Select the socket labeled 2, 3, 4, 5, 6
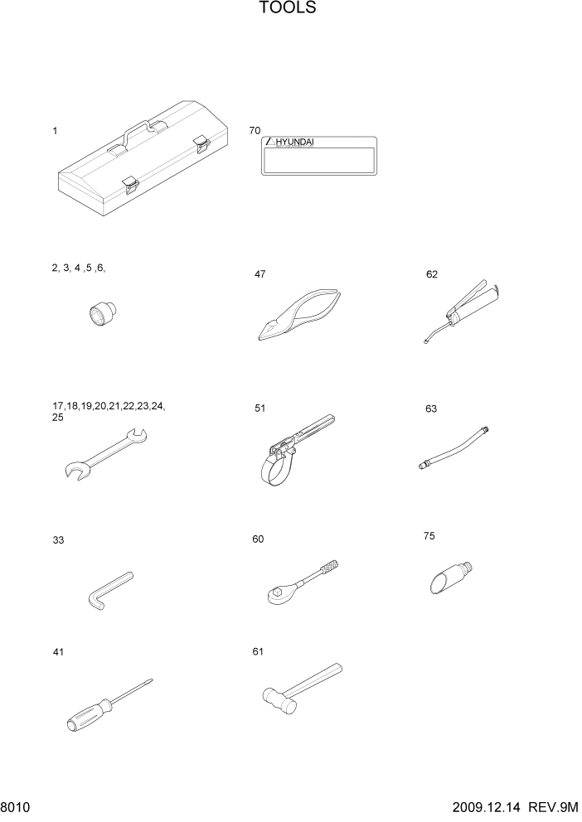[x=103, y=314]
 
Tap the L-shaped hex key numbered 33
[x=108, y=589]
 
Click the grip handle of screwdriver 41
[x=88, y=715]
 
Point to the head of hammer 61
[x=277, y=699]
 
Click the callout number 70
[x=255, y=131]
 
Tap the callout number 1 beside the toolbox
[x=55, y=131]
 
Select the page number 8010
[x=15, y=807]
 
